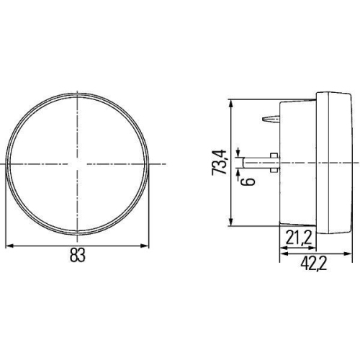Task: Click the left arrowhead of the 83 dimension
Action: pyautogui.click(x=9, y=246)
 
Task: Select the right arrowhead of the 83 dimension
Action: pyautogui.click(x=147, y=246)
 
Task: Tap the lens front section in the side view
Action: pyautogui.click(x=338, y=163)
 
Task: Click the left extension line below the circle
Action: pyautogui.click(x=6, y=216)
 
